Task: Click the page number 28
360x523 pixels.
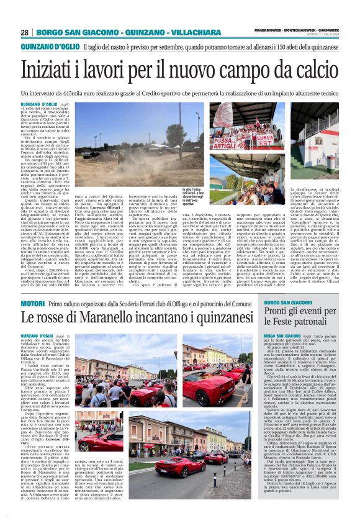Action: point(24,32)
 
